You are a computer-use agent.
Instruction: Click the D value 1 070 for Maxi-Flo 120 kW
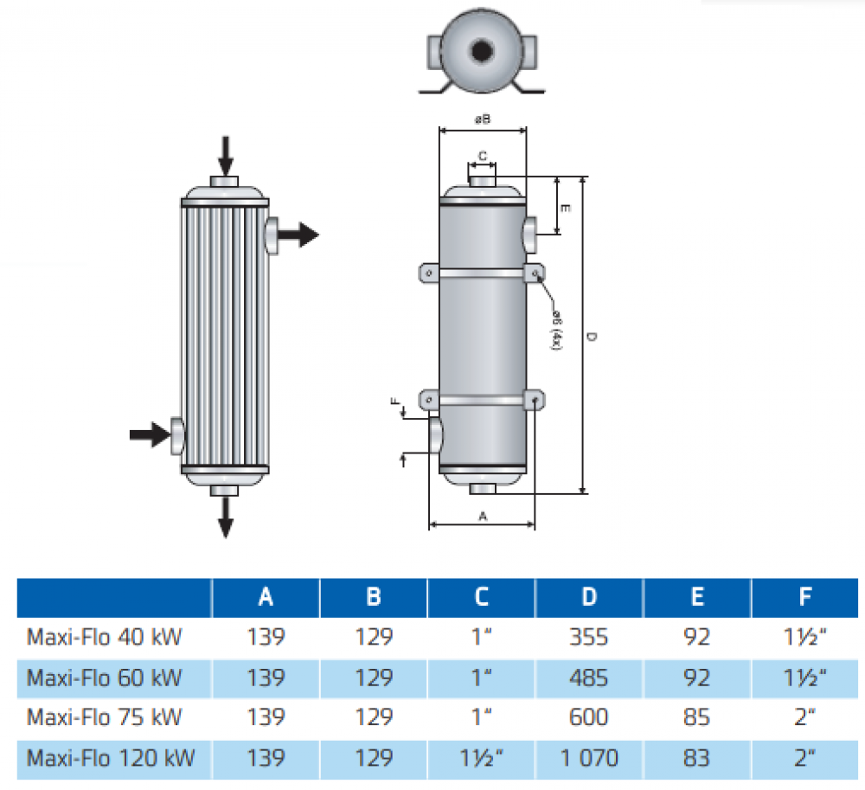[x=588, y=759]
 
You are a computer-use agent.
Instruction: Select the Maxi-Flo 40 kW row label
[x=105, y=638]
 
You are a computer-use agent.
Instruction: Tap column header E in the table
[x=697, y=596]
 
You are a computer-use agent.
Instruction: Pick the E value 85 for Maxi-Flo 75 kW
[x=697, y=717]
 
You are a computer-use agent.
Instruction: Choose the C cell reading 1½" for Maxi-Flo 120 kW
[x=482, y=759]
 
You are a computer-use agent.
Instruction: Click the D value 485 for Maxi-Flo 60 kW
[x=588, y=678]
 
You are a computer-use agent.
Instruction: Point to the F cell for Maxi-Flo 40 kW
[x=805, y=638]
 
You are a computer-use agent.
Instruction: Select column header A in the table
[x=266, y=596]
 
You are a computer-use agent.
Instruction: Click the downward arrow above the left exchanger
[x=225, y=156]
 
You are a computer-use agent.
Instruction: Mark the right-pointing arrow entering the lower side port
[x=149, y=434]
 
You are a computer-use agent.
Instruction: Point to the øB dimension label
[x=483, y=120]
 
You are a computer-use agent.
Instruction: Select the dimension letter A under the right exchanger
[x=483, y=516]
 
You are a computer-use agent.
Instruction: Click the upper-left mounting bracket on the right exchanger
[x=428, y=273]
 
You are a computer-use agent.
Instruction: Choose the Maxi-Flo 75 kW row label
[x=105, y=717]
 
